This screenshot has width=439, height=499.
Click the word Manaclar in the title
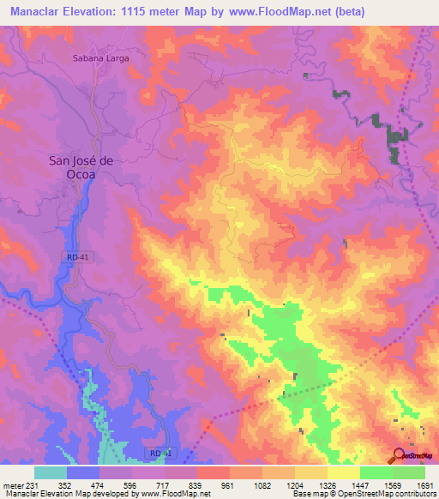coord(39,12)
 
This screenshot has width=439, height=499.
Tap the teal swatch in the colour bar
coord(51,472)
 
